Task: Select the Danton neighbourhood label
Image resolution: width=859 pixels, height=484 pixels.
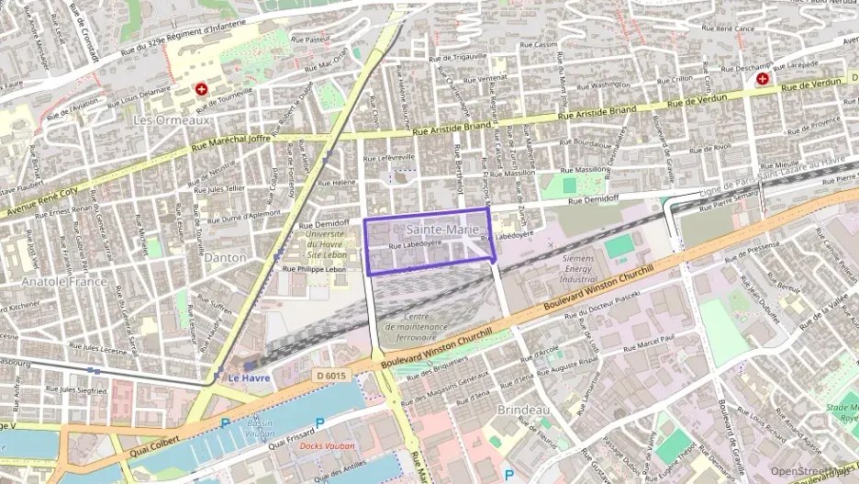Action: click(225, 258)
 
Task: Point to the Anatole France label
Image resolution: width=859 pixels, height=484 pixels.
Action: click(63, 282)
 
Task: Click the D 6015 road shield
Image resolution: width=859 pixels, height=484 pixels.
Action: click(330, 375)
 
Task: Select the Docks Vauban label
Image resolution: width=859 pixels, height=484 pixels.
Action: click(327, 445)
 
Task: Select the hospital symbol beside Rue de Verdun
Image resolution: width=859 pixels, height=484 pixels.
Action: click(763, 80)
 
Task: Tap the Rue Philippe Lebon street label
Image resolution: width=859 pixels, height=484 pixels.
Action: click(314, 269)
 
